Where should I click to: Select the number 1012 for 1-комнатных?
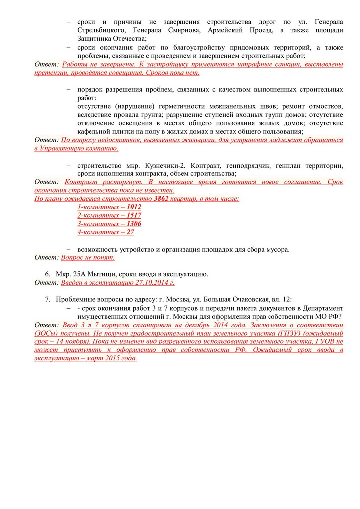(133, 207)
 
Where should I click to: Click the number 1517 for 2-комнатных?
(133, 215)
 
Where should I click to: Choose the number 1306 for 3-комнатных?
(133, 224)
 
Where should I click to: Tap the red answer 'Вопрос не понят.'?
(88, 257)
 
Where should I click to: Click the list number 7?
(48, 300)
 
